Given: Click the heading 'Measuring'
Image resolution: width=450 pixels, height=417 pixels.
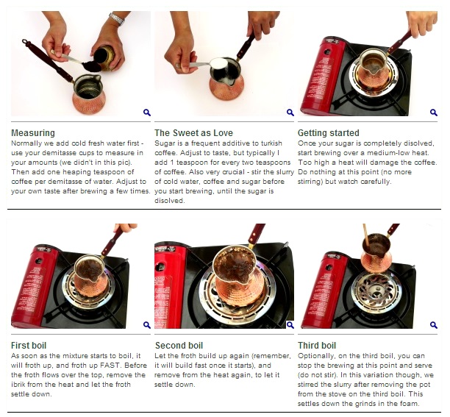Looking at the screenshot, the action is coord(33,133).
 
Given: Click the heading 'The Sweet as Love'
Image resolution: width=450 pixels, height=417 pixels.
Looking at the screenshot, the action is coord(193,133).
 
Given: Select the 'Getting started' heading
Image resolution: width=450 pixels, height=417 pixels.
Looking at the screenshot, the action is coord(329,133).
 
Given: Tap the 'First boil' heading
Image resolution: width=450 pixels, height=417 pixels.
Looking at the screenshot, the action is coord(29,345).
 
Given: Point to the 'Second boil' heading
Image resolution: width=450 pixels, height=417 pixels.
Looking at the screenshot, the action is coord(179,345).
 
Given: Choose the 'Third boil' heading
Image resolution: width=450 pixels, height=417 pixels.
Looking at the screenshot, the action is coord(317,345).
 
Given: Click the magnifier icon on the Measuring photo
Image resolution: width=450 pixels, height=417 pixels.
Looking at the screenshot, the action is coord(147,113).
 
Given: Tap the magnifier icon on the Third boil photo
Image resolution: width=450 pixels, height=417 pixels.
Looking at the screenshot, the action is coord(434,325).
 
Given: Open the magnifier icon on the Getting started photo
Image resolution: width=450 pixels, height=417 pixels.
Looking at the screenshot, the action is coord(434,113).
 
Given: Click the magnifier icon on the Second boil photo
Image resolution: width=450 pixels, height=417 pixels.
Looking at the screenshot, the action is coord(290,325).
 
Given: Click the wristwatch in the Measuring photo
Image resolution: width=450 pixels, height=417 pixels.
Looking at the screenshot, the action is coord(117,19).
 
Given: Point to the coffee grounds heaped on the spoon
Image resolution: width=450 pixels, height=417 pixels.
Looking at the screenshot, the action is coord(92,67).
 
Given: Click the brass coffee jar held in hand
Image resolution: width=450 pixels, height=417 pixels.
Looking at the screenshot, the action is coord(104,57).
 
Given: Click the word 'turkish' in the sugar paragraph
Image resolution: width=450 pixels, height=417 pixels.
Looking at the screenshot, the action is coord(271,143).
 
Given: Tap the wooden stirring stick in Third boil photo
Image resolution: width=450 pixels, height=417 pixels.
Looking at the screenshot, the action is coord(366,235).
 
